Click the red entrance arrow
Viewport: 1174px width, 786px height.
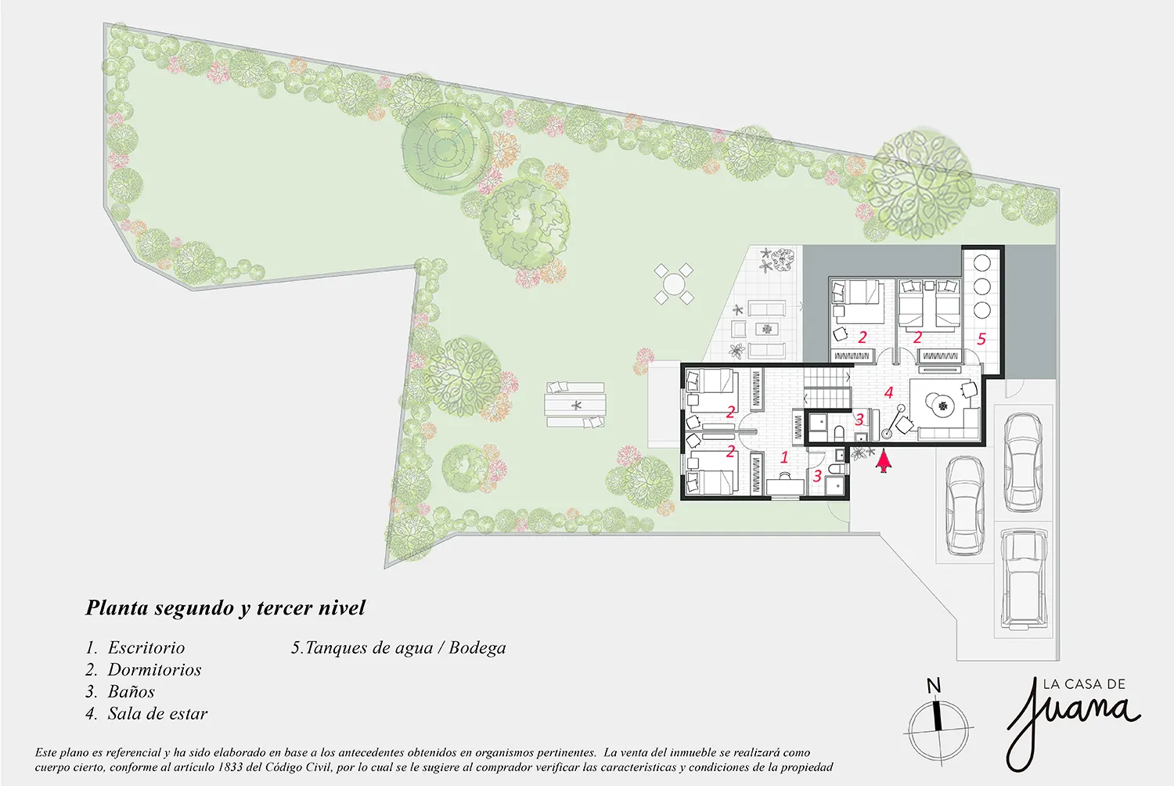pos(884,461)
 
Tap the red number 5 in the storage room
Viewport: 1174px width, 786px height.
pos(981,339)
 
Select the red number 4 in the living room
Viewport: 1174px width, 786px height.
pos(889,392)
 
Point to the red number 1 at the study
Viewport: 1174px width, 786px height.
pos(784,457)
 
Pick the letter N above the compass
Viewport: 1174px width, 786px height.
pos(934,686)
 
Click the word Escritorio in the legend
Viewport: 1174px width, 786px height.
pos(146,647)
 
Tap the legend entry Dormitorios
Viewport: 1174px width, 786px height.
pos(155,669)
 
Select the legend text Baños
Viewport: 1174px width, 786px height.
pos(131,691)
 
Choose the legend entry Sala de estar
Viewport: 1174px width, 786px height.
pos(158,714)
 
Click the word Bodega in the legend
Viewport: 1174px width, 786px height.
pos(477,648)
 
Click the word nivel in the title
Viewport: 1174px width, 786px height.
pos(342,608)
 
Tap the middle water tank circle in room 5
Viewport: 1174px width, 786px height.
pos(982,287)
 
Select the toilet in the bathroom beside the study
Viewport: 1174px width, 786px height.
pos(837,468)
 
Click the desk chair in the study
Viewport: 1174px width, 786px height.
pos(785,475)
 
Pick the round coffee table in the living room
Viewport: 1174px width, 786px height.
pos(943,405)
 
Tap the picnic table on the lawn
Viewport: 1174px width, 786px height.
pos(575,405)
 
